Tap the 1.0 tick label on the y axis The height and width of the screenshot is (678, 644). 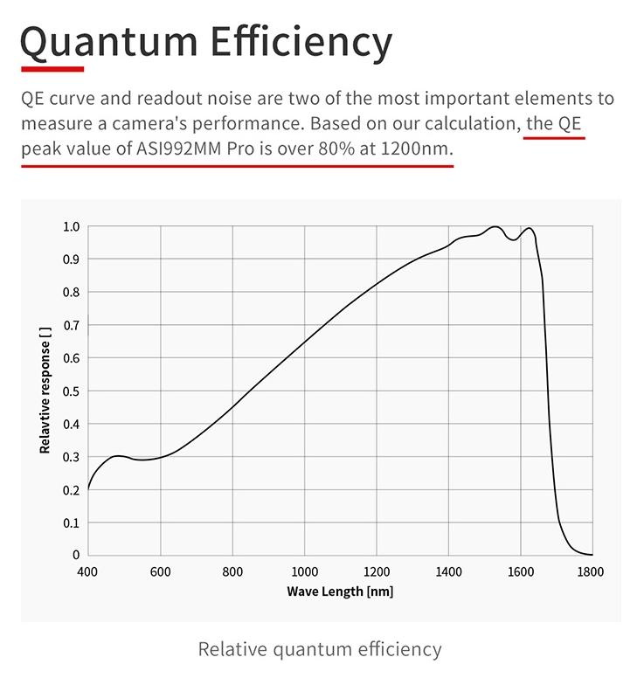(x=71, y=227)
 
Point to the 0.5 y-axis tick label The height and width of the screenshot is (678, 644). (x=71, y=391)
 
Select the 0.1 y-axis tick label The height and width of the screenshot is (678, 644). (x=71, y=522)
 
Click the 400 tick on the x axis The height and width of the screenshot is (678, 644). (x=87, y=572)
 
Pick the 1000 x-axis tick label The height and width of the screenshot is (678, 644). (x=304, y=572)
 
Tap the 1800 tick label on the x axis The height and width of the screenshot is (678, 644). (x=592, y=572)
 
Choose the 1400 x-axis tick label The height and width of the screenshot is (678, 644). (x=448, y=572)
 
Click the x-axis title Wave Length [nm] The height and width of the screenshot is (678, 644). (x=340, y=592)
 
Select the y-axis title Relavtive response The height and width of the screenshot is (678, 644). (x=45, y=391)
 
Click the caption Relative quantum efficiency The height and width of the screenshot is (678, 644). (x=320, y=649)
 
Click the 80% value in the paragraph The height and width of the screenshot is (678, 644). (x=336, y=149)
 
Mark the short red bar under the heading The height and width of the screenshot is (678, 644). (x=52, y=68)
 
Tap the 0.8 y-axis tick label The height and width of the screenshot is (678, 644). (x=71, y=293)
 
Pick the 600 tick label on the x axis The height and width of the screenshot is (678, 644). (x=160, y=572)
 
